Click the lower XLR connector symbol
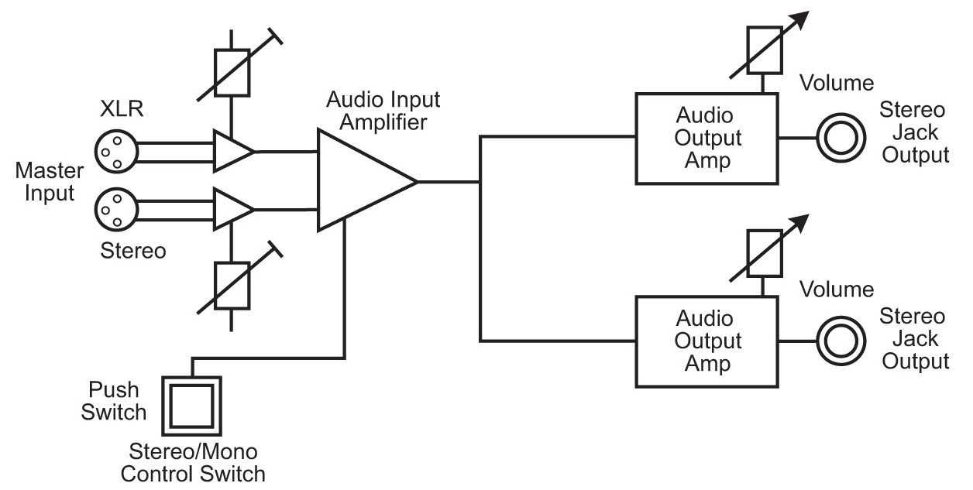[x=116, y=209]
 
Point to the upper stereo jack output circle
[x=840, y=139]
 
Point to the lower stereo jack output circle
[x=840, y=341]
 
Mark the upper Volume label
[x=837, y=83]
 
